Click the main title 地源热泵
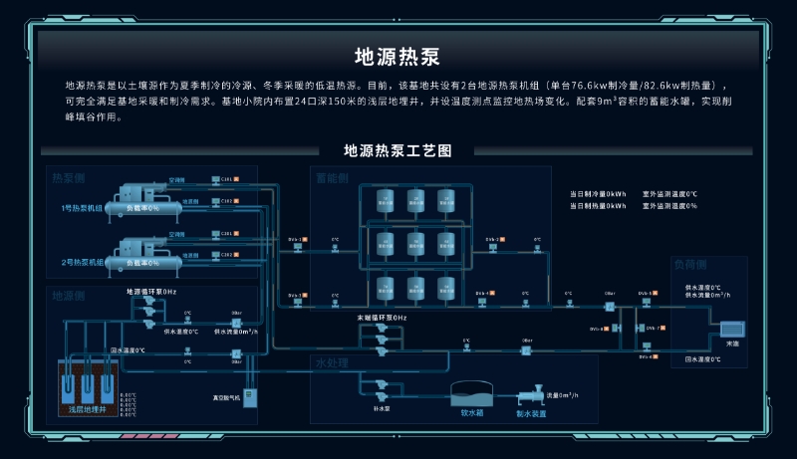398,55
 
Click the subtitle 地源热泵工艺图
398,151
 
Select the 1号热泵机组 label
82,208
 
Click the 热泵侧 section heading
70,178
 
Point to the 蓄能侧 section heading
331,178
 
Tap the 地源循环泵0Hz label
151,292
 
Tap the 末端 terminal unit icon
732,330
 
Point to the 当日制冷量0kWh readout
598,194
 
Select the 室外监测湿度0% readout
669,206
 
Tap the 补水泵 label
380,407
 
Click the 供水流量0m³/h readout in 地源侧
235,332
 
